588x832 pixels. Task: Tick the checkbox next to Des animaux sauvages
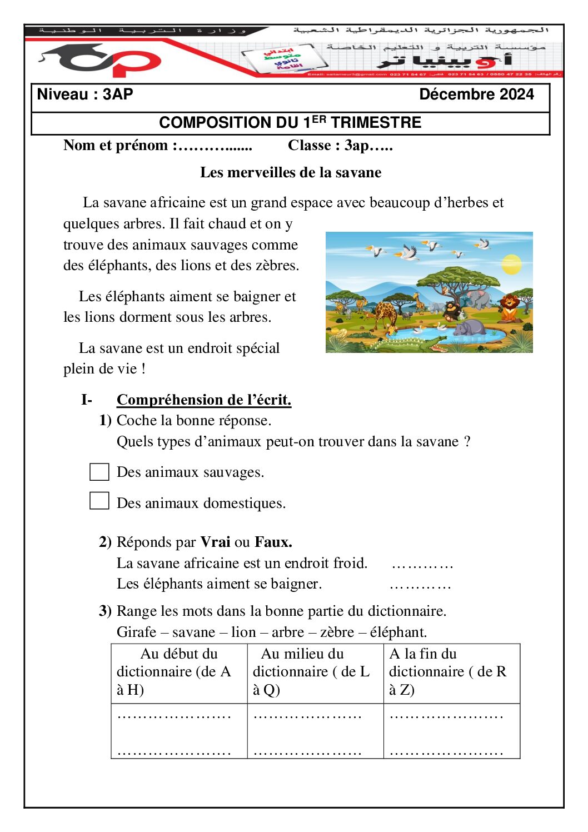pyautogui.click(x=99, y=472)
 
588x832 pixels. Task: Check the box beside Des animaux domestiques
pyautogui.click(x=99, y=501)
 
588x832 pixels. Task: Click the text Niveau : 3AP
pyautogui.click(x=85, y=94)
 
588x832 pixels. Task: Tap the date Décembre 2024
pyautogui.click(x=476, y=94)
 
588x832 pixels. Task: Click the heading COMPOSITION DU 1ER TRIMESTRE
pyautogui.click(x=290, y=123)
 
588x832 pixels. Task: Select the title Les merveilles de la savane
pyautogui.click(x=291, y=172)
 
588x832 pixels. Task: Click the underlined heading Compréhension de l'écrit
pyautogui.click(x=204, y=400)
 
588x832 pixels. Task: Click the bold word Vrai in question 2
pyautogui.click(x=215, y=542)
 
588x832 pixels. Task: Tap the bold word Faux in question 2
pyautogui.click(x=273, y=542)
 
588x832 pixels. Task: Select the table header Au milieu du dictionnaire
pyautogui.click(x=311, y=671)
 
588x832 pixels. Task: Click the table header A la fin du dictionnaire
pyautogui.click(x=447, y=671)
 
